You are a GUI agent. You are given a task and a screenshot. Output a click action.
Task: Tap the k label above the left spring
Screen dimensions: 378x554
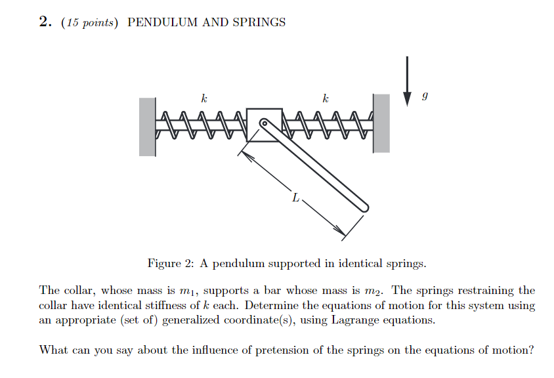[204, 98]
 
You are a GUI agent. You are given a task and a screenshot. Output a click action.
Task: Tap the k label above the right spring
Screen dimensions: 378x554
[325, 98]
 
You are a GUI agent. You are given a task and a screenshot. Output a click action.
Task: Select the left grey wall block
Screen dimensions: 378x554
[147, 126]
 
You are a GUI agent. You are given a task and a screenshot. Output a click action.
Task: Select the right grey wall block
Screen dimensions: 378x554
[381, 123]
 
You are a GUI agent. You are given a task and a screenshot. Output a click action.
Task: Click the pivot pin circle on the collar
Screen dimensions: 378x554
[264, 123]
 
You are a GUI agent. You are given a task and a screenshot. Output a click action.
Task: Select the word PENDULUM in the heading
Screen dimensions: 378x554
[161, 22]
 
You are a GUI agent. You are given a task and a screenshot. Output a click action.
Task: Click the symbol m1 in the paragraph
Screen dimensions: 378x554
[190, 291]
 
